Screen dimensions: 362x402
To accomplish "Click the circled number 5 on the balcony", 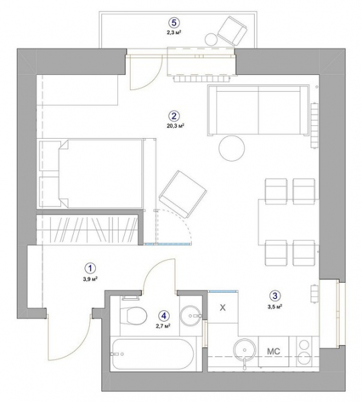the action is coord(174,23).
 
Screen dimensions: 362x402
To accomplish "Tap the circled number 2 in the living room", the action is coord(174,116).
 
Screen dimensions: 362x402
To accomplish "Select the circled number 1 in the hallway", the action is coord(90,269).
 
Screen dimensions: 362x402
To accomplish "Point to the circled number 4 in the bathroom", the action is coord(164,316).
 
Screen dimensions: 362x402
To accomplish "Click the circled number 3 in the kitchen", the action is coord(275,296).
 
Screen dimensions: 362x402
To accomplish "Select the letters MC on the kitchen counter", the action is coord(274,351).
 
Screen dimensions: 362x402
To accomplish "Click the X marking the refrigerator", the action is coord(223,308).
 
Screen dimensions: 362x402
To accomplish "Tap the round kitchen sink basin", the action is coord(245,350).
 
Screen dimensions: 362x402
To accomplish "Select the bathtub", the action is coord(153,354).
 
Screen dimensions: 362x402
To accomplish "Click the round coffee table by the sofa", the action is coord(232,148).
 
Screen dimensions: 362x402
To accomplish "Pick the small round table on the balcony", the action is coord(211,40).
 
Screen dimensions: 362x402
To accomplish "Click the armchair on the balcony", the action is coord(232,31).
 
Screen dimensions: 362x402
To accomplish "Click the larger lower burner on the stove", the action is coord(304,359).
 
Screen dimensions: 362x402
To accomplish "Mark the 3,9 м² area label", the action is coord(90,279).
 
